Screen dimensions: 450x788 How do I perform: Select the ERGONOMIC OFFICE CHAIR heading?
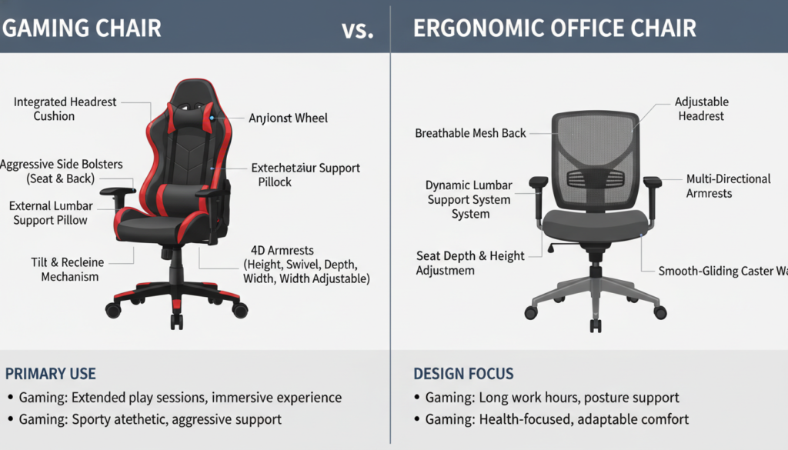pos(555,28)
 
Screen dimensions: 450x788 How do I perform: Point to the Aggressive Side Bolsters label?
pos(62,172)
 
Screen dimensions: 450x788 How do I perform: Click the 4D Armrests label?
pos(306,264)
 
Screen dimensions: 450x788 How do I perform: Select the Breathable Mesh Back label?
pos(470,133)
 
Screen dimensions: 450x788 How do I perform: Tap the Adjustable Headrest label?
pos(701,108)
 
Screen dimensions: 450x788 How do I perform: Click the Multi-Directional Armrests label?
pos(728,185)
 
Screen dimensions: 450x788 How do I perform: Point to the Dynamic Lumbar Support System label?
pos(467,199)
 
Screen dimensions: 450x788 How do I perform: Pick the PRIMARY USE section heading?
pos(51,374)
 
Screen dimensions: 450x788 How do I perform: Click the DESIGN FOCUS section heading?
pos(463,374)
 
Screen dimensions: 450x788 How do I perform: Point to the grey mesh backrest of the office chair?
pos(595,154)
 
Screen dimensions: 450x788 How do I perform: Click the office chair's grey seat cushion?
pos(594,224)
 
